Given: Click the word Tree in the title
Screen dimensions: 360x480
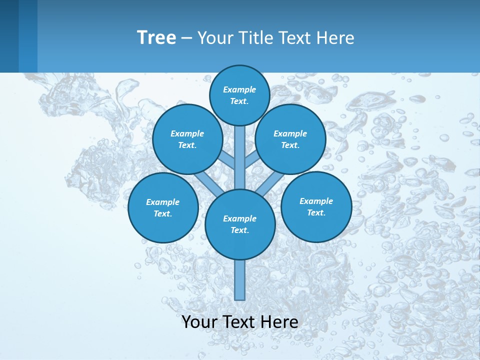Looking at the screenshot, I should click(156, 38).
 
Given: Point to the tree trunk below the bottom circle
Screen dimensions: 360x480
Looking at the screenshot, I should click(240, 280).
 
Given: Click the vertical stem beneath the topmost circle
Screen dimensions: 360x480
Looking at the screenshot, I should click(240, 155).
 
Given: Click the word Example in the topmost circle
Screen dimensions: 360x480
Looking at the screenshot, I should click(239, 90).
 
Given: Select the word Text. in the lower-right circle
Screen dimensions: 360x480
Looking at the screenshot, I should click(316, 212).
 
